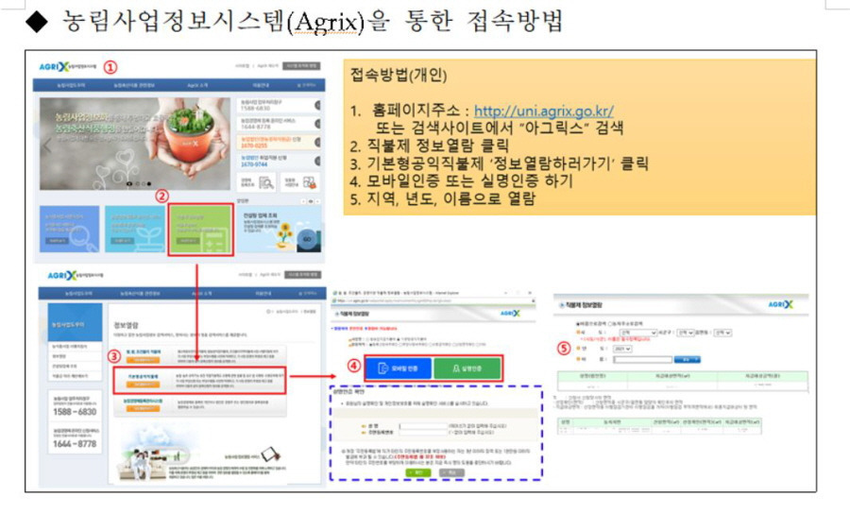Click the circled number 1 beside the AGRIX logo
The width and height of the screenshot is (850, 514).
110,67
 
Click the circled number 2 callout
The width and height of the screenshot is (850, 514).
161,196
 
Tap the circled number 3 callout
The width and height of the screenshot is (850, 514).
112,357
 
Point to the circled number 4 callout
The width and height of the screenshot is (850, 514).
352,366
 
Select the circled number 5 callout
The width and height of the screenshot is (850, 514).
565,347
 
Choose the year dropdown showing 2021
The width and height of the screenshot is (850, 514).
620,348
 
